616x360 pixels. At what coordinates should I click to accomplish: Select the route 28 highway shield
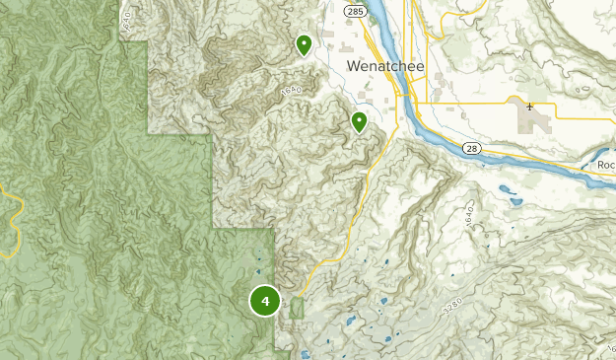[473, 149]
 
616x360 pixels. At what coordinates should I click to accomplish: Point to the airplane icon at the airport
[529, 106]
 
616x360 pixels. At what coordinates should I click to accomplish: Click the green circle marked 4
[265, 301]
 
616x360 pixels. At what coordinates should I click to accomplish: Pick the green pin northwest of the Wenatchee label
[304, 43]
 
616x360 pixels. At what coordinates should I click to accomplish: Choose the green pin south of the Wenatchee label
[360, 121]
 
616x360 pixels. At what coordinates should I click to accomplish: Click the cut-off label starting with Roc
[605, 165]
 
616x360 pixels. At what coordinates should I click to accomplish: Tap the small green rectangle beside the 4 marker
[297, 309]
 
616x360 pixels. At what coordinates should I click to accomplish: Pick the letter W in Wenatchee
[354, 64]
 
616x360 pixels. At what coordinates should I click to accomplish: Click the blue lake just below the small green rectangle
[305, 353]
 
